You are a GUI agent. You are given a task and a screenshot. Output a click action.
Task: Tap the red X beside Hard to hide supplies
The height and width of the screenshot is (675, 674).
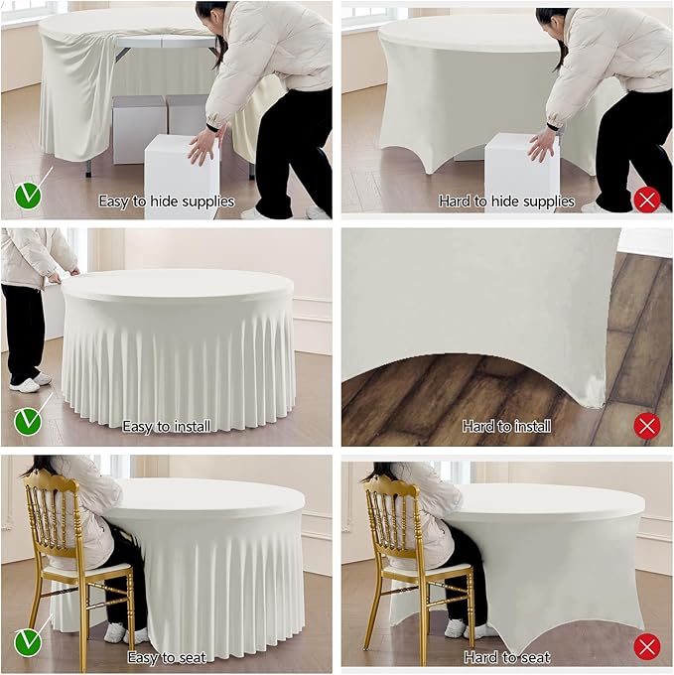click(646, 200)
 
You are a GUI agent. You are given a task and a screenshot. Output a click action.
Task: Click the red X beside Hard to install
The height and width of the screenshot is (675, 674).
click(646, 426)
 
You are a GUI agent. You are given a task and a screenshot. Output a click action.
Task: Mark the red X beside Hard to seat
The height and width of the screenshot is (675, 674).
click(646, 647)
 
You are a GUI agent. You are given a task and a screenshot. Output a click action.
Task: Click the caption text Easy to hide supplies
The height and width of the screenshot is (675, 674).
click(166, 202)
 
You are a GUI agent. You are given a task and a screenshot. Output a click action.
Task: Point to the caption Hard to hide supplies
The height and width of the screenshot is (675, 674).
click(506, 202)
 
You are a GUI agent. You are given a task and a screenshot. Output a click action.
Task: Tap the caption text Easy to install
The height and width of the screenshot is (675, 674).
click(166, 427)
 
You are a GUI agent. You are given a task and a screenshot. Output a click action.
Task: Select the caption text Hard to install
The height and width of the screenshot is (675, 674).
click(506, 427)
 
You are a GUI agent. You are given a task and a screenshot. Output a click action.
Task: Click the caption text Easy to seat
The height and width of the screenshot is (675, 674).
click(166, 657)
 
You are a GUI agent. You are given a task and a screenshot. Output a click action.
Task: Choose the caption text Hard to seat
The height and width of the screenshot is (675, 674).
click(506, 657)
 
